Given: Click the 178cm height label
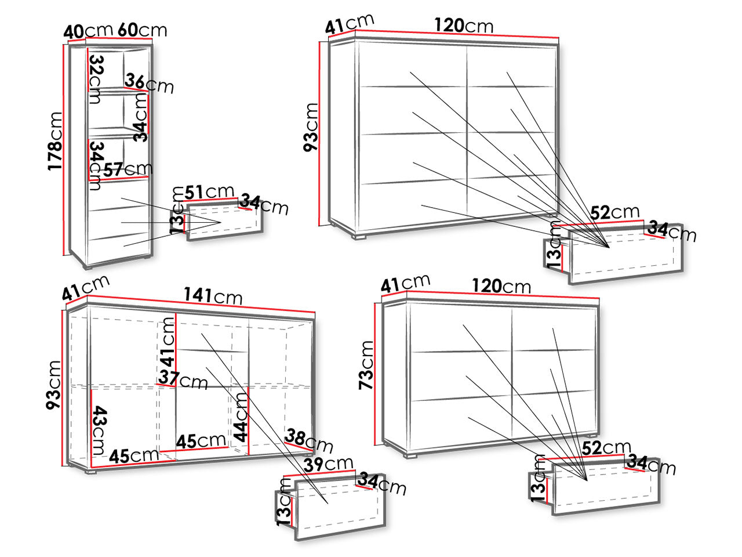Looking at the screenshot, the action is (54, 142).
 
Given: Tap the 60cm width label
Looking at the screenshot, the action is (143, 30).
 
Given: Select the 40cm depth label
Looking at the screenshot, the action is (88, 31).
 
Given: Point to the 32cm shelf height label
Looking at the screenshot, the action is (96, 79).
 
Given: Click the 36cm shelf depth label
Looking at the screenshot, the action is (149, 84).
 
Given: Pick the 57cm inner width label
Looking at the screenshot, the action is (128, 169).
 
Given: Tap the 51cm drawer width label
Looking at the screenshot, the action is (209, 191).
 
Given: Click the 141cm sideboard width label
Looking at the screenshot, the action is (213, 296).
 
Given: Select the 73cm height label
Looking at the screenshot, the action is (366, 366).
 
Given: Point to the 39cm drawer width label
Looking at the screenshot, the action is (328, 464).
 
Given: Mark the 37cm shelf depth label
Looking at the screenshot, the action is (183, 379).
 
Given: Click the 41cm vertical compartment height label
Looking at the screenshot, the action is (168, 342).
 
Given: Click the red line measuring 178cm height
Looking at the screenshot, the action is (63, 150).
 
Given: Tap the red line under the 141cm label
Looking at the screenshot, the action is (201, 303).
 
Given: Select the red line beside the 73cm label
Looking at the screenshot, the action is (375, 374).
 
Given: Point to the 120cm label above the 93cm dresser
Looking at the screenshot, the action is (464, 26).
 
